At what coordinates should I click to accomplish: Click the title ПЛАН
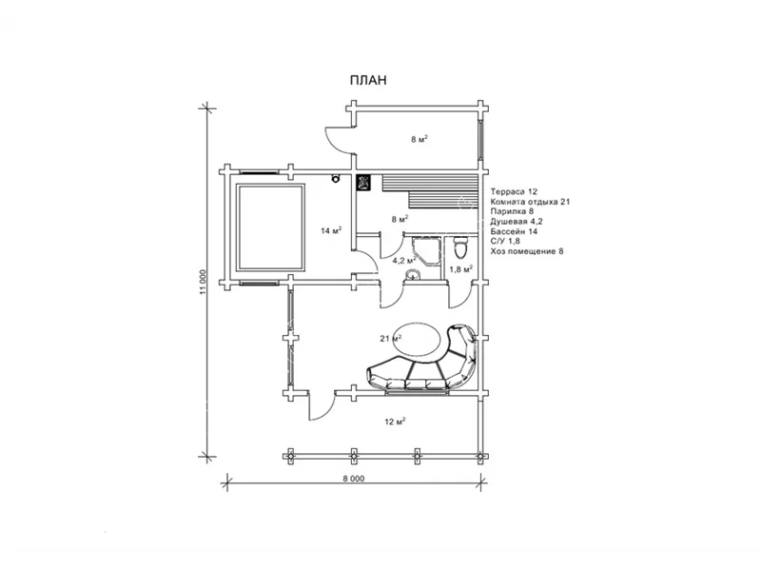[368, 80]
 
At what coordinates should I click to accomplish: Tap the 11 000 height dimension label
[203, 282]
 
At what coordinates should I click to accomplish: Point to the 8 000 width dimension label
[353, 479]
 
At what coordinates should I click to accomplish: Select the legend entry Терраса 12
[514, 192]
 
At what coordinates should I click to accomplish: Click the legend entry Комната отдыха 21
[530, 202]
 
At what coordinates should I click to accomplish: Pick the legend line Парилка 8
[512, 211]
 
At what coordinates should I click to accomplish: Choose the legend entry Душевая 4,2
[517, 222]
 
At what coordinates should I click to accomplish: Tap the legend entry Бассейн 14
[514, 231]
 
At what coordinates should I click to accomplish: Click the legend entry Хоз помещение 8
[527, 251]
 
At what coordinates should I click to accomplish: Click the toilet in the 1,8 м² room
[459, 247]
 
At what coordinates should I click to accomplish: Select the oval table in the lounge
[418, 340]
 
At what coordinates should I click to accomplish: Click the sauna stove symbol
[363, 183]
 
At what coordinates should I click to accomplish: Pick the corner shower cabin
[426, 250]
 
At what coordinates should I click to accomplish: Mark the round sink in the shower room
[413, 275]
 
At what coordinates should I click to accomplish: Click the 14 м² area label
[331, 230]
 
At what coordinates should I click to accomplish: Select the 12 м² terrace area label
[395, 422]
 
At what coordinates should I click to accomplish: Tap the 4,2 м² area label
[402, 260]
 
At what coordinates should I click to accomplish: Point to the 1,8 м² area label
[460, 269]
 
